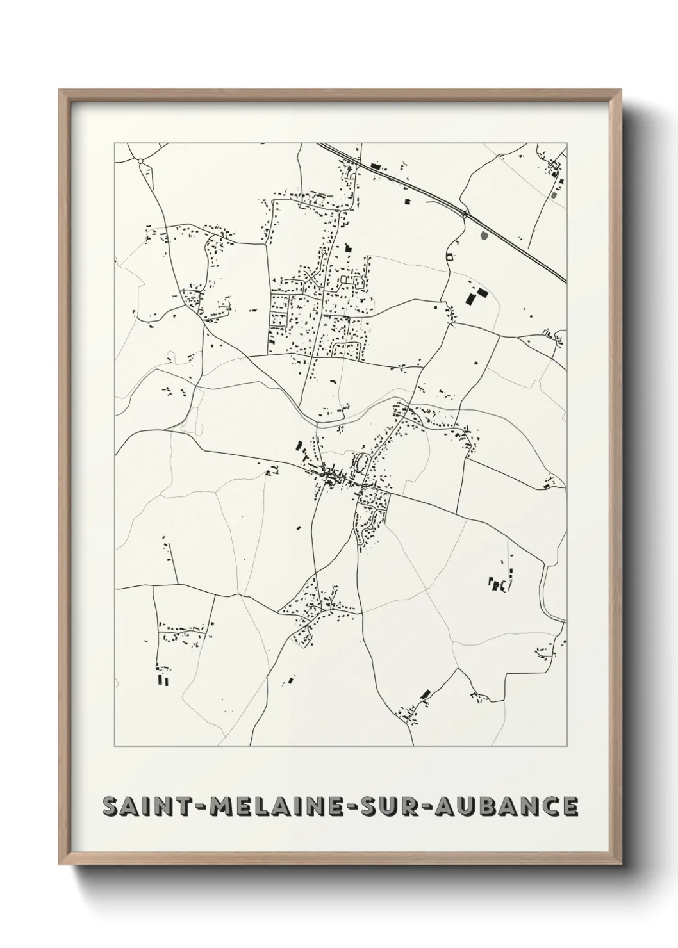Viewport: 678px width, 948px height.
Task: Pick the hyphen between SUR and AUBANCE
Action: pos(426,807)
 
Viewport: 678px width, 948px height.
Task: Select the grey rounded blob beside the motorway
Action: pos(483,236)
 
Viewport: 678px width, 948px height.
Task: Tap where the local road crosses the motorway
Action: pos(466,213)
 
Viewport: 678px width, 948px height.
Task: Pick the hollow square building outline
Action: pos(450,257)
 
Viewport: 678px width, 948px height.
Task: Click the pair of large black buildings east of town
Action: pos(475,297)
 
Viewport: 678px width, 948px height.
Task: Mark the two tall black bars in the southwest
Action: pos(164,680)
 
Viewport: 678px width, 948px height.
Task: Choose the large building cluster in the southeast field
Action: pos(499,584)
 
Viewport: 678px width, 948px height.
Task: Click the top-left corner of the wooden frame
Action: pos(60,90)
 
